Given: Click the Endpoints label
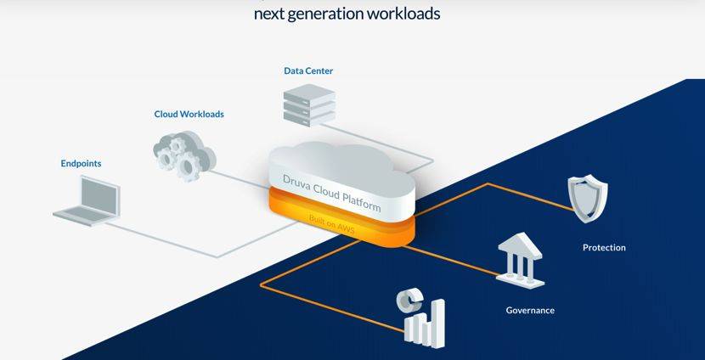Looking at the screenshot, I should tap(81, 163).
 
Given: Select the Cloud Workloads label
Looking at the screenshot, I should tap(189, 114).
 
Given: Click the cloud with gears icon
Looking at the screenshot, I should tap(184, 152).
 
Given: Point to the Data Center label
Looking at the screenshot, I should tap(308, 70).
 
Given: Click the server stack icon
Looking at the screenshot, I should tap(308, 106).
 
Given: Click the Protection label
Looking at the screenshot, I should tap(604, 248).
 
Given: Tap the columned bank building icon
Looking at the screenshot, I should tap(521, 258).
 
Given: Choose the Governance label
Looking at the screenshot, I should tap(530, 311).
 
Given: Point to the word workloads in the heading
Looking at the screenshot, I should tap(401, 14).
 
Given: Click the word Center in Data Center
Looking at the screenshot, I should tap(319, 70).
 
